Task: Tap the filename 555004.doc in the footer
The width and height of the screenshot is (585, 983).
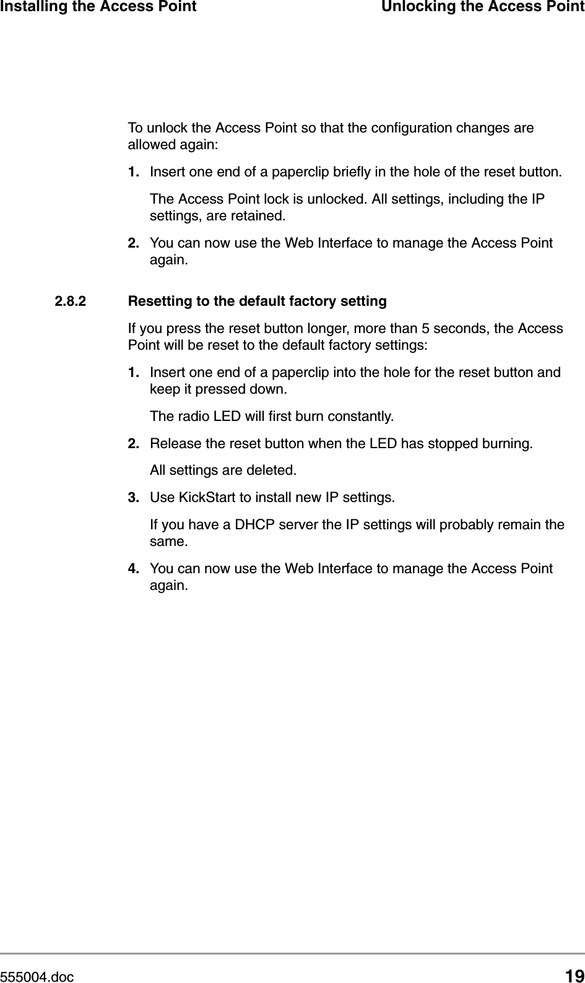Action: click(37, 977)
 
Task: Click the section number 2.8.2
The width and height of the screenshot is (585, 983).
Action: click(71, 301)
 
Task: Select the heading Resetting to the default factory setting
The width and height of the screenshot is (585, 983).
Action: click(257, 301)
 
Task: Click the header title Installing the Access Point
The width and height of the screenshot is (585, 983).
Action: click(98, 7)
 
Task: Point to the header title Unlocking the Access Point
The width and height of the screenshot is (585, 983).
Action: click(483, 7)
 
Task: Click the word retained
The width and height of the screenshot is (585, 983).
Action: click(260, 216)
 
